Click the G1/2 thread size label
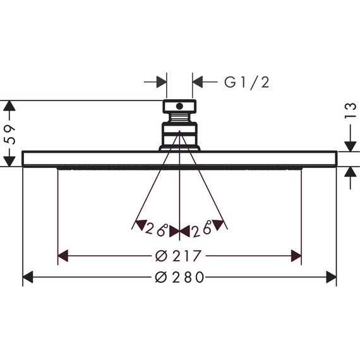click(x=246, y=83)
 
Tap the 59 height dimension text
click(x=10, y=135)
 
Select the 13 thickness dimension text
click(x=351, y=111)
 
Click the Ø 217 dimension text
click(x=178, y=256)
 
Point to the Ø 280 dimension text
click(x=179, y=277)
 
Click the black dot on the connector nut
click(x=179, y=106)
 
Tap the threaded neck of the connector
click(x=179, y=117)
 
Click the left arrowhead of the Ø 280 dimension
click(x=28, y=277)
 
